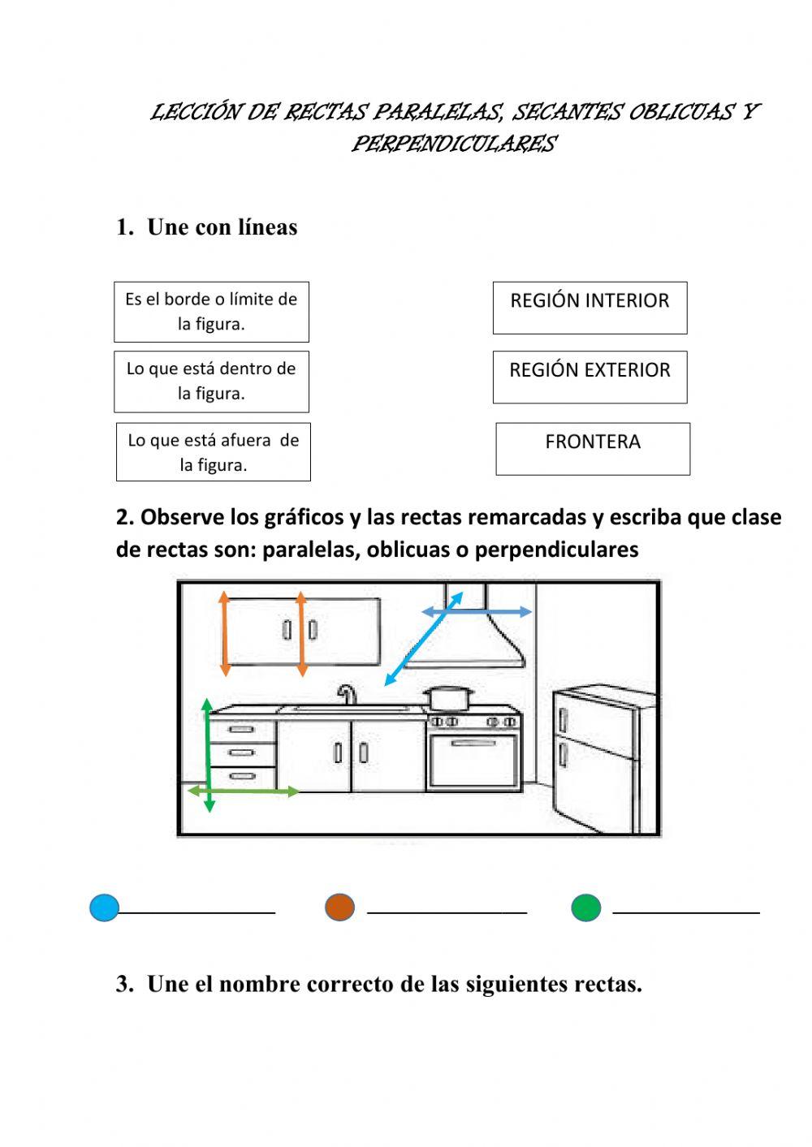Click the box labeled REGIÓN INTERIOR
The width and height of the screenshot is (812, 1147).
pos(590,308)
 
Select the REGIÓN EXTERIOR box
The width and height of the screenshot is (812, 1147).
pos(590,377)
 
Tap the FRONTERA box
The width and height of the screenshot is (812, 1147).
pos(593,448)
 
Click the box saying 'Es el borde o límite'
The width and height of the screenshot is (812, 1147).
pos(211,312)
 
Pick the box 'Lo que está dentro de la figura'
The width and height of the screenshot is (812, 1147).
pos(211,382)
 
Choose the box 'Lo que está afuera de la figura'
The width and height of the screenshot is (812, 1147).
pos(213,452)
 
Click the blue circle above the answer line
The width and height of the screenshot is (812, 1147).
pos(105,908)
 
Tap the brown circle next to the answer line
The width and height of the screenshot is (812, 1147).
pos(339,907)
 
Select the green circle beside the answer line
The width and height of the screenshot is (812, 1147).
pos(585,908)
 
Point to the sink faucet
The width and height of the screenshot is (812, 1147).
pos(348,694)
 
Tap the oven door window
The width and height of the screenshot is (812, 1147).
pos(474,761)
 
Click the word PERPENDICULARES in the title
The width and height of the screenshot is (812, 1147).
pos(453,144)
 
